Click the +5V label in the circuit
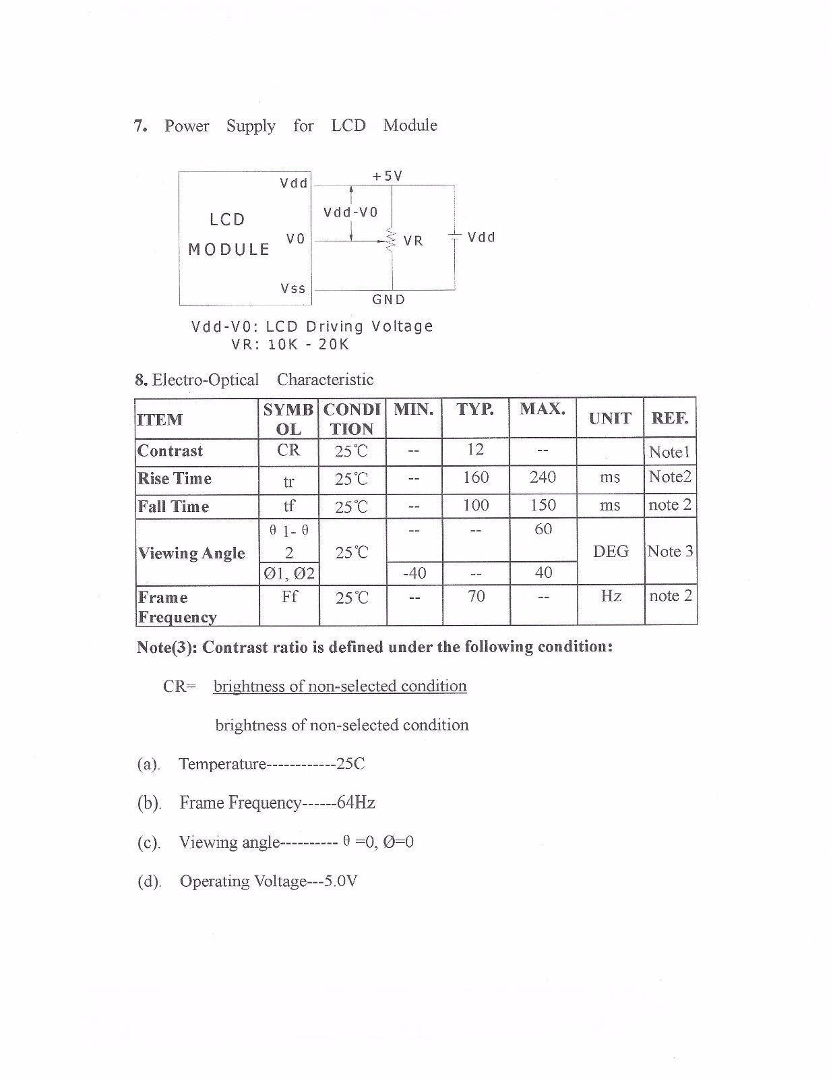388,176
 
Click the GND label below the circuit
389,299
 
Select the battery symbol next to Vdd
454,237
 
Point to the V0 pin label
295,239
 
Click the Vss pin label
293,289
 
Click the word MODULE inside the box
229,250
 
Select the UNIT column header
610,418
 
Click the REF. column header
669,418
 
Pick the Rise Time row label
175,479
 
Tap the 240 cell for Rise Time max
543,477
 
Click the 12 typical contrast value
475,450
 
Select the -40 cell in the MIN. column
414,573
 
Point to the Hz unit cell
611,596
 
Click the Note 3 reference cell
670,552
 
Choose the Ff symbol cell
289,596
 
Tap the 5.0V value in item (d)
340,881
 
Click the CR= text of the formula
179,687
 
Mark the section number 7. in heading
141,126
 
